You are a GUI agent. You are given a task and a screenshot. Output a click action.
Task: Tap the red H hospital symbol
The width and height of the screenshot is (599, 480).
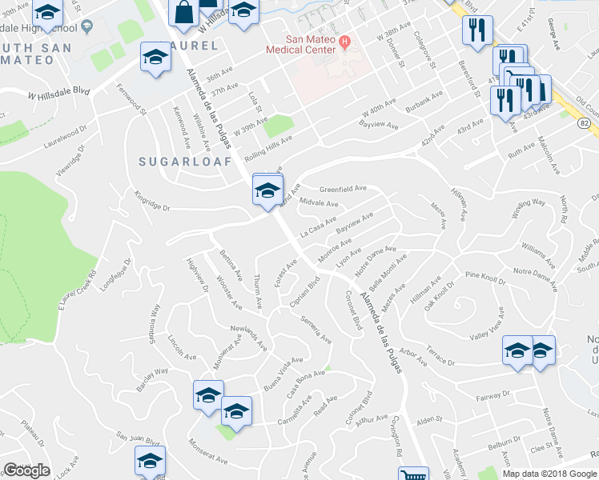click(x=344, y=41)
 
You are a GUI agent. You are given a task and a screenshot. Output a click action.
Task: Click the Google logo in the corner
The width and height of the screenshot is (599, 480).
click(x=26, y=470)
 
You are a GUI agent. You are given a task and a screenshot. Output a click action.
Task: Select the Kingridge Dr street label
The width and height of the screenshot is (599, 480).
click(x=152, y=201)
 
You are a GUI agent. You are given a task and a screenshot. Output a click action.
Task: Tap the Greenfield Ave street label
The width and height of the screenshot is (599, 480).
click(x=343, y=190)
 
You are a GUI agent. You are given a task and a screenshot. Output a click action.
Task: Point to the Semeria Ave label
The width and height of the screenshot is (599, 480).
click(x=316, y=329)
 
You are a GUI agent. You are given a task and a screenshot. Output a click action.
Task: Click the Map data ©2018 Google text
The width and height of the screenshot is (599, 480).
click(x=549, y=474)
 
